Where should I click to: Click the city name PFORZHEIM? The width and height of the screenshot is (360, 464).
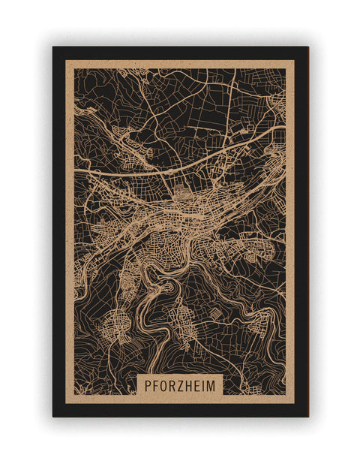click(x=180, y=385)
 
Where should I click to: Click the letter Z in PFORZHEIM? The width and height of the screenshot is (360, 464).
click(x=181, y=385)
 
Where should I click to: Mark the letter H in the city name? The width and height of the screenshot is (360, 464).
click(x=190, y=385)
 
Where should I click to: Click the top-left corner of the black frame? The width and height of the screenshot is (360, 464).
click(x=53, y=47)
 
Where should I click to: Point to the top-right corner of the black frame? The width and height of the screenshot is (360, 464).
click(x=307, y=47)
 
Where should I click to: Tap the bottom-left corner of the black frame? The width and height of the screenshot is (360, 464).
click(x=53, y=416)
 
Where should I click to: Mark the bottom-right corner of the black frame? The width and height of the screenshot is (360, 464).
click(x=307, y=416)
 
